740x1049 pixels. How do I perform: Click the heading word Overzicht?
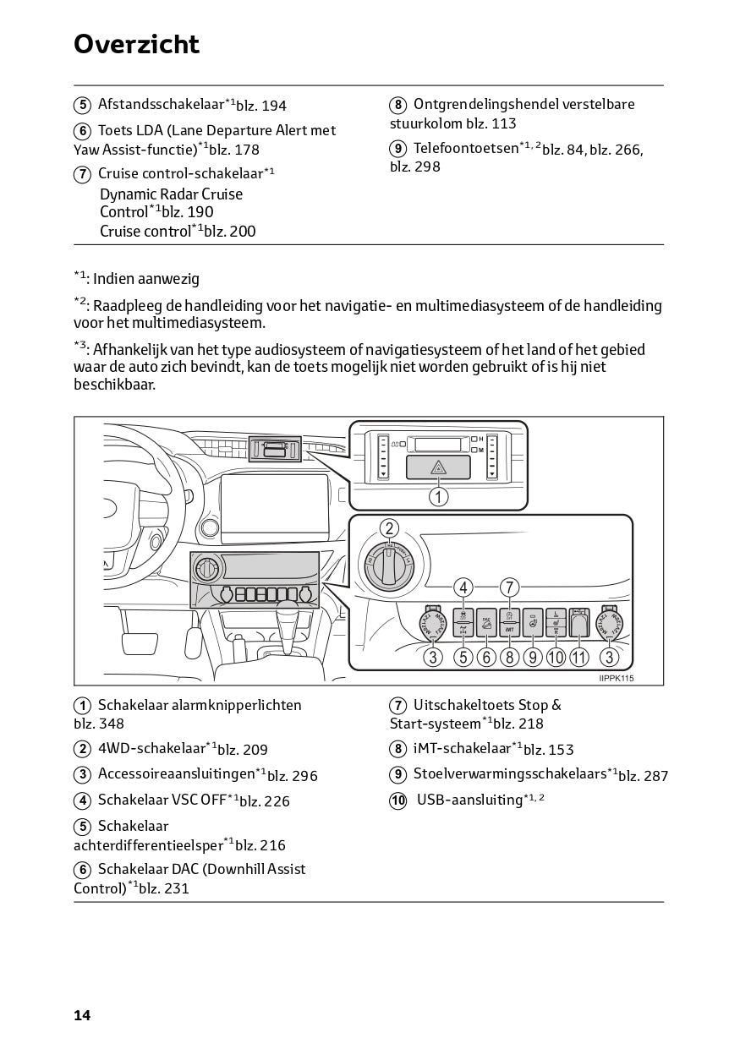tap(136, 44)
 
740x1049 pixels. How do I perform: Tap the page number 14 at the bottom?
tap(82, 1015)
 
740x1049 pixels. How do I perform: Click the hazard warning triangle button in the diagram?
tap(438, 467)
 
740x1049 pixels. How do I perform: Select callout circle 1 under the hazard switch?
tap(438, 496)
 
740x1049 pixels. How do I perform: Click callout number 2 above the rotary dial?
tap(388, 529)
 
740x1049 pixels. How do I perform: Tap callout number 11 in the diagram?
tap(579, 657)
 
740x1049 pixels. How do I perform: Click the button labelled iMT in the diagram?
tap(509, 624)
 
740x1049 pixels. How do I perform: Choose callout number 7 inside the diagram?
tap(509, 587)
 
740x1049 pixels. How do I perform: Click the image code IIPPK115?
tap(616, 678)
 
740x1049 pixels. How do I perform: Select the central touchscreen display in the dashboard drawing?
tap(273, 510)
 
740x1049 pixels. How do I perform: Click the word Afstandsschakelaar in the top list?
tap(161, 105)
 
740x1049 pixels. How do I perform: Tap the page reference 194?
tap(274, 106)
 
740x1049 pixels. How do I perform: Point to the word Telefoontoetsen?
tap(465, 148)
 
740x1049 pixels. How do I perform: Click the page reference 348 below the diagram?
tap(111, 724)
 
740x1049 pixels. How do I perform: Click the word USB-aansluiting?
tap(469, 800)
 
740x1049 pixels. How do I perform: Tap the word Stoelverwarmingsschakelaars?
tap(510, 773)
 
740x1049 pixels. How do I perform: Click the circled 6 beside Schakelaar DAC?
tap(82, 870)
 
